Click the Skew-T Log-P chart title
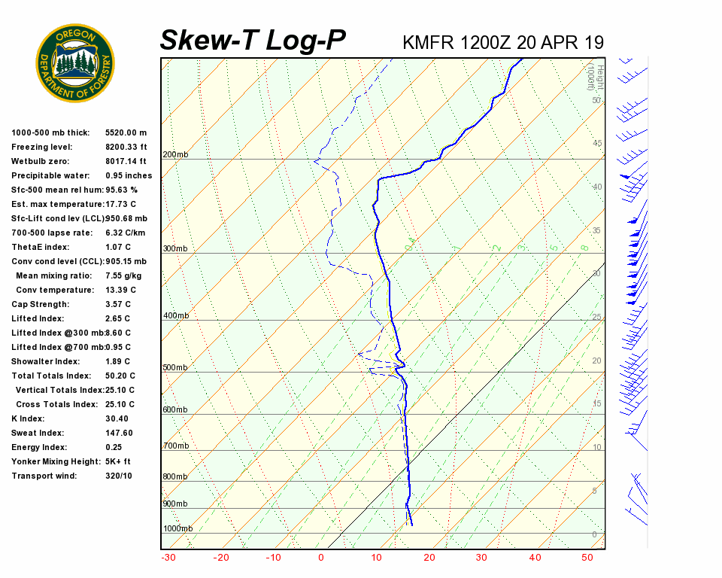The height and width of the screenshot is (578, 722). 253,41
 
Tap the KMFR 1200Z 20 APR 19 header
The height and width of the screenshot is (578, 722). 503,42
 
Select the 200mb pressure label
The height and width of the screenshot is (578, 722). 175,155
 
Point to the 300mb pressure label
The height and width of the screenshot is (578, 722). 175,249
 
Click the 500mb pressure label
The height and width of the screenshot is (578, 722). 175,368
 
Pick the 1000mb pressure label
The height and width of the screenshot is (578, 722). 177,529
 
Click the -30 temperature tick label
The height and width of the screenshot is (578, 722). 168,558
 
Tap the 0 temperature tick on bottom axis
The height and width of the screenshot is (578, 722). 321,558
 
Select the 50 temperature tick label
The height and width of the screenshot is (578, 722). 587,558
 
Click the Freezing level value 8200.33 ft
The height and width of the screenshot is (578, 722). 126,148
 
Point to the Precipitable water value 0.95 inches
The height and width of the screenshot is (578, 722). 129,176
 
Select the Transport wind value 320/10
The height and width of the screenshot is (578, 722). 119,476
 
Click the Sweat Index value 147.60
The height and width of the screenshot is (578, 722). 119,433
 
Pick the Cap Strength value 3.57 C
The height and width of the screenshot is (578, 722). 119,305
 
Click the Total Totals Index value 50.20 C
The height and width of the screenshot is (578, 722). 120,376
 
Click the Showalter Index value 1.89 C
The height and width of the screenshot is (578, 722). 118,362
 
